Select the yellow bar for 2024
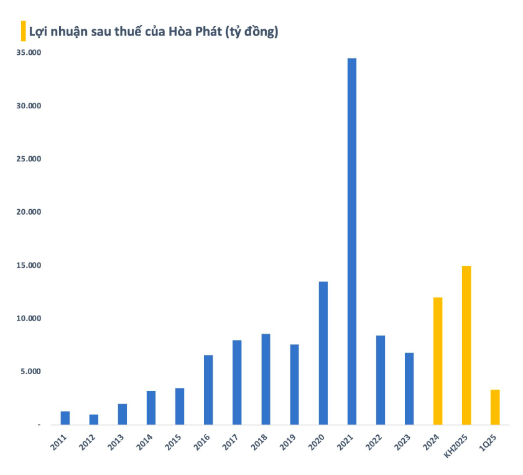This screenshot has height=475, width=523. click(438, 361)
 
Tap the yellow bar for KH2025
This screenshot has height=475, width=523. click(466, 346)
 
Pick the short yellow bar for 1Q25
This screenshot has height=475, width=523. click(495, 407)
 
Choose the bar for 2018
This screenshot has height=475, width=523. click(266, 379)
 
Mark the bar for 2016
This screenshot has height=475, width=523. click(208, 390)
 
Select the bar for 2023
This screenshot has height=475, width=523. click(409, 388)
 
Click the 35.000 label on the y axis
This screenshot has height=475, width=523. click(29, 53)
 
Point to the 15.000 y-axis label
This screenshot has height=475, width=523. click(29, 266)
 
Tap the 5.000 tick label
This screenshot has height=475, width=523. click(30, 372)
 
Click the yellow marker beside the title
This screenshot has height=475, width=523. click(24, 31)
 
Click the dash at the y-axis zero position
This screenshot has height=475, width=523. click(39, 425)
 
